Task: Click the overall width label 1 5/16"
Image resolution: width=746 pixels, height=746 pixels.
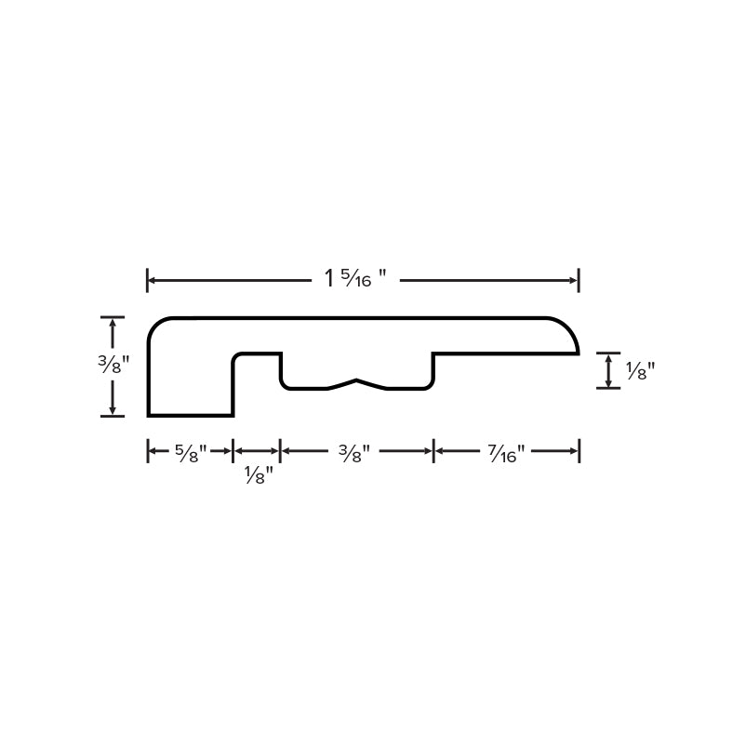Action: coord(354,279)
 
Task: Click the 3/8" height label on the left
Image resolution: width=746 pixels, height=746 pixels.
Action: coord(113,365)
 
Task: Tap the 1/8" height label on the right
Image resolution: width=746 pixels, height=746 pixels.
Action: coord(640,370)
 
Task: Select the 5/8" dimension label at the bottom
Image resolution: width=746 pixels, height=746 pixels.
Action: coord(191,453)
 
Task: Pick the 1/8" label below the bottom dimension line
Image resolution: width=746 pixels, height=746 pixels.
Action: coord(258,476)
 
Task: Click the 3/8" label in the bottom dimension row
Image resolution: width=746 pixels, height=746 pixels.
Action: coord(355,453)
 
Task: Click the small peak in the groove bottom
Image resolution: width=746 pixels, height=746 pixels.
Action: coord(356,380)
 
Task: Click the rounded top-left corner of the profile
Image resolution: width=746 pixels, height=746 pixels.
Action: coord(156,326)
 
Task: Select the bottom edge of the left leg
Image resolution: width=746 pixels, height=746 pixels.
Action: coord(190,415)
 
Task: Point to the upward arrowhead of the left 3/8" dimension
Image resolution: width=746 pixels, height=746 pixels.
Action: coord(113,323)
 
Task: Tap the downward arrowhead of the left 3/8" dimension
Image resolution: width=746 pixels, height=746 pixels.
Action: coord(113,410)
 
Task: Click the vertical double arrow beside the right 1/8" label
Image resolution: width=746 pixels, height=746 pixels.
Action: coord(608,370)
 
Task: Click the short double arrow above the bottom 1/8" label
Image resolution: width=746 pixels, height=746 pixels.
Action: coord(257,452)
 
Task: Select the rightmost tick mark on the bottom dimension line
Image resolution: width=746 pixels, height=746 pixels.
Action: coord(579,452)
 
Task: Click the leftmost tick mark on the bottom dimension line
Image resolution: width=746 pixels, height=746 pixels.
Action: coord(148,452)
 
